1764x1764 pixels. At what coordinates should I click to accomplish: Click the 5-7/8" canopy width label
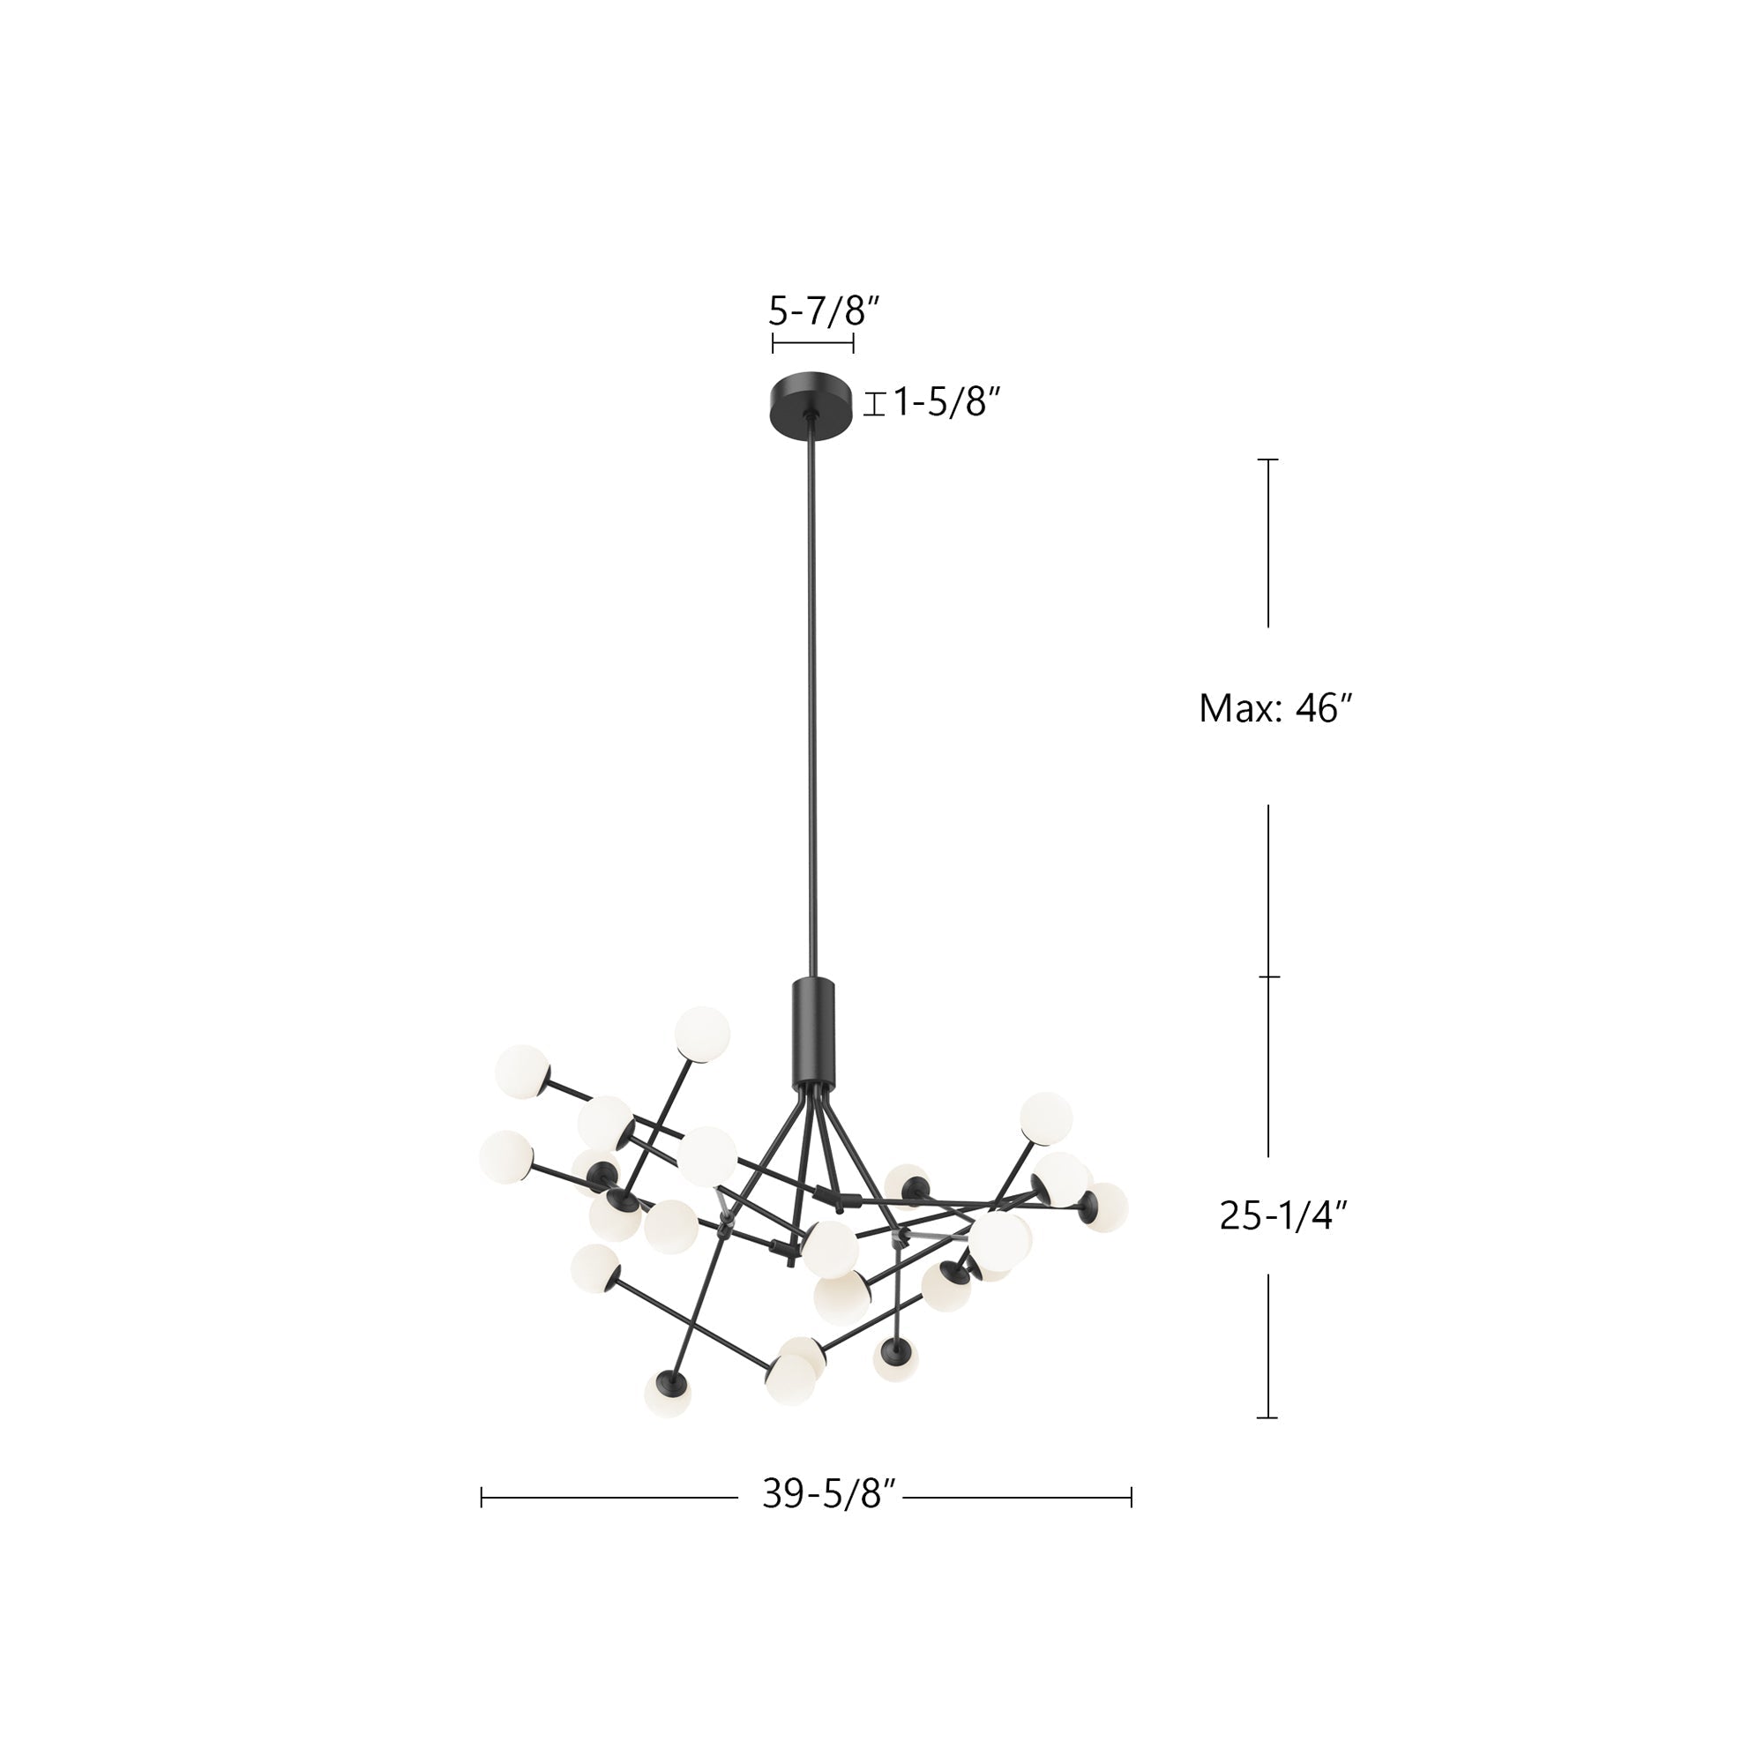tap(823, 312)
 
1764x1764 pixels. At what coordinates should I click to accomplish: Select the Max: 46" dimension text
tap(1274, 707)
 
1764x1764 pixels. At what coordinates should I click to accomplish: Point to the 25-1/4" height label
tap(1283, 1215)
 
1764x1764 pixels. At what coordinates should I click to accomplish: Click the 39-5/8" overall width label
tap(831, 1495)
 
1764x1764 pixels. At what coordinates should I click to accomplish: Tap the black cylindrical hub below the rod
tap(812, 1030)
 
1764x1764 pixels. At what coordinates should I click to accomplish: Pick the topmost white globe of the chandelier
tap(702, 1035)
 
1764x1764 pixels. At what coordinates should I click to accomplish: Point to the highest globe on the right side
tap(1045, 1117)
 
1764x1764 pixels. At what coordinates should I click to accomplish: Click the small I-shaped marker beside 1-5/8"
tap(875, 404)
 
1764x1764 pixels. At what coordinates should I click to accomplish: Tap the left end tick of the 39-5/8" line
tap(482, 1498)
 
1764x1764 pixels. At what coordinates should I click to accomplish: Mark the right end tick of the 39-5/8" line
tap(1132, 1498)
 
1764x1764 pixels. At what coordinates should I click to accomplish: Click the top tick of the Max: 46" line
tap(1267, 460)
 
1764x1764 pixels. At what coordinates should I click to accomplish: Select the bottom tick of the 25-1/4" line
tap(1267, 1418)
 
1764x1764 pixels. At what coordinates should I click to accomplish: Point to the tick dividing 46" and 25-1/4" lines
tap(1268, 976)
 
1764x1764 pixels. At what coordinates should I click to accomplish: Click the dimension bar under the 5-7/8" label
tap(812, 343)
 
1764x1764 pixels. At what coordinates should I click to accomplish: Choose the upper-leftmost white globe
tap(521, 1072)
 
